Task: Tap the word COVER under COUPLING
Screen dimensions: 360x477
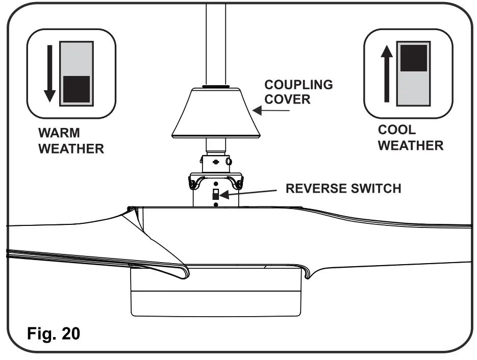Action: point(287,99)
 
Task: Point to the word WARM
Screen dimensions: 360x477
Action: point(59,134)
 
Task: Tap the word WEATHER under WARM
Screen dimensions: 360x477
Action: point(71,149)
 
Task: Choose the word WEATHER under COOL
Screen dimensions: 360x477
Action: point(411,146)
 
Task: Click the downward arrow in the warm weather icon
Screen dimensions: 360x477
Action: point(49,73)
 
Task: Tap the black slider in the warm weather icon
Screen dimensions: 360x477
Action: point(76,89)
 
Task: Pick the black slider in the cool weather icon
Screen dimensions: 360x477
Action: point(413,57)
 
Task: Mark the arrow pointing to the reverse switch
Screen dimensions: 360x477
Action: point(249,193)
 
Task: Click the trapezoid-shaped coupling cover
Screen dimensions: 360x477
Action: point(216,113)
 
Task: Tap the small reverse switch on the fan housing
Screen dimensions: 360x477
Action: point(216,194)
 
